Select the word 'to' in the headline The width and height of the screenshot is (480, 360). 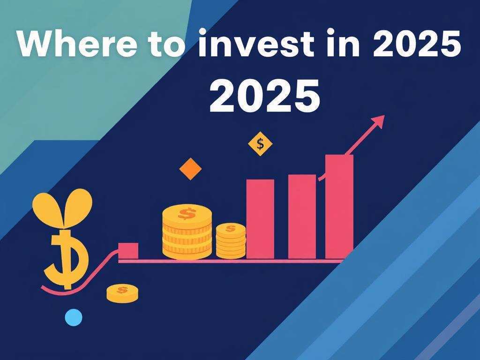tap(167, 45)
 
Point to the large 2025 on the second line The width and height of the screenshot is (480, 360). tap(265, 96)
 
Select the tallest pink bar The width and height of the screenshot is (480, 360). tap(339, 207)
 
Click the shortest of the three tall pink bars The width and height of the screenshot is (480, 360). tap(260, 219)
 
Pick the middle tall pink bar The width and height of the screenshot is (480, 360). tap(302, 217)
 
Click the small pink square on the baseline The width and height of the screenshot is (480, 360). tap(128, 251)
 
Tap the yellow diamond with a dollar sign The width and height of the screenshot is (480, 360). tap(260, 143)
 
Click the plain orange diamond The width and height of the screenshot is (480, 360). tap(190, 169)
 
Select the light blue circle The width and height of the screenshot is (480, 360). tap(74, 317)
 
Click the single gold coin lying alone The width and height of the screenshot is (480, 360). tap(122, 293)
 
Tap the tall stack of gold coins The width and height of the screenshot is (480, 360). tap(187, 232)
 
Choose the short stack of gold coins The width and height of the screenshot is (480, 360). tap(231, 241)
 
